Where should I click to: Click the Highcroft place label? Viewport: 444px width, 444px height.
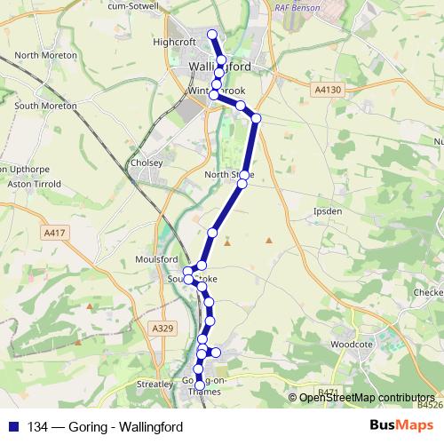(172, 41)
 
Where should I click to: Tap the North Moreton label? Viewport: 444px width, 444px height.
(40, 55)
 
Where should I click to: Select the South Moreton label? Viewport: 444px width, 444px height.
(46, 106)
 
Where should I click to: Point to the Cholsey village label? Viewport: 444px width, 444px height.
(147, 163)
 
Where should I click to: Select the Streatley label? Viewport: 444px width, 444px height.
(155, 385)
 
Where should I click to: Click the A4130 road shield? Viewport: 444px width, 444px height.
(328, 90)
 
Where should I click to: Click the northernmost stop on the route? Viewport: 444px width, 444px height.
(212, 35)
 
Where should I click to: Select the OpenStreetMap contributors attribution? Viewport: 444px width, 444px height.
(369, 398)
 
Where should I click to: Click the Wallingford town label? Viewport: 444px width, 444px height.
(219, 67)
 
